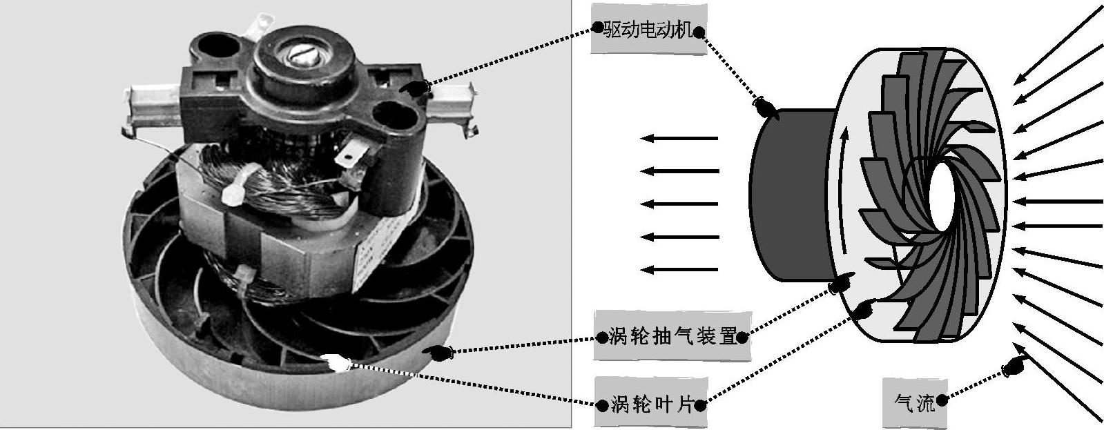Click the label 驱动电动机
(647, 31)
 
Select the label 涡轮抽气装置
(672, 337)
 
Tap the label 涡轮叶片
(651, 404)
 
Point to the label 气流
(915, 403)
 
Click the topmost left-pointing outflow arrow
(679, 138)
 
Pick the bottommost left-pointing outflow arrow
(679, 269)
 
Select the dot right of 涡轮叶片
(701, 405)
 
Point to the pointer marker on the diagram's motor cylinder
(766, 108)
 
